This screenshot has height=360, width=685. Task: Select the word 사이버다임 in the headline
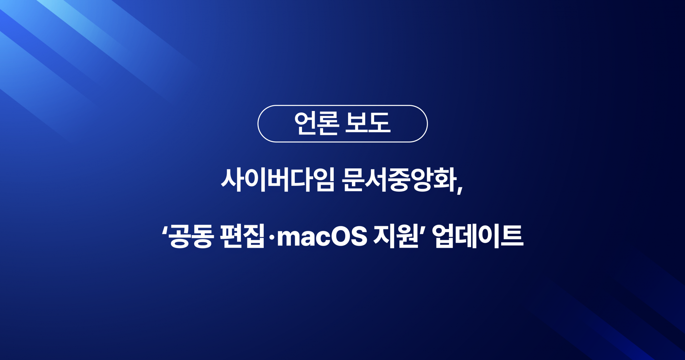pyautogui.click(x=278, y=180)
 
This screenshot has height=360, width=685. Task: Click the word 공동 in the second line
pyautogui.click(x=191, y=236)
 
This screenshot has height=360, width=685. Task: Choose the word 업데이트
pyautogui.click(x=478, y=236)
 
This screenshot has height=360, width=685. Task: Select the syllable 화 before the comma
pyautogui.click(x=445, y=180)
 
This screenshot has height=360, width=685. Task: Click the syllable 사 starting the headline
pyautogui.click(x=232, y=180)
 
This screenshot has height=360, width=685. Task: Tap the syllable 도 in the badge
pyautogui.click(x=379, y=123)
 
